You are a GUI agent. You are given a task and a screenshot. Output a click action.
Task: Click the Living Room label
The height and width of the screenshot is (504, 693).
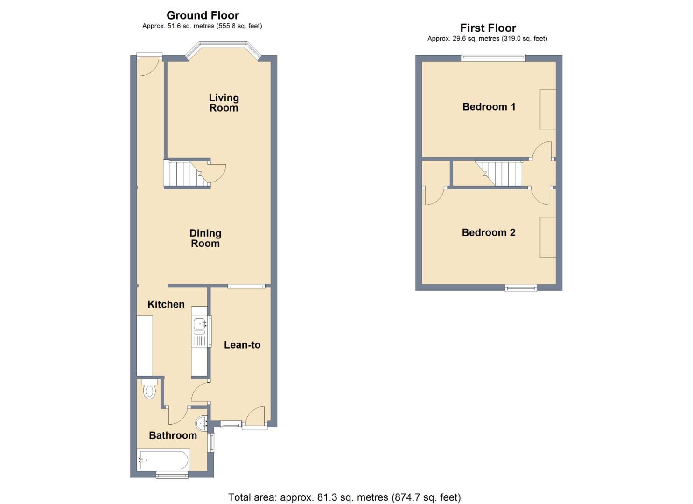224,103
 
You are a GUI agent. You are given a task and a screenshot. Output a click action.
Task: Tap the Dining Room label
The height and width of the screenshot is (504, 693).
205,238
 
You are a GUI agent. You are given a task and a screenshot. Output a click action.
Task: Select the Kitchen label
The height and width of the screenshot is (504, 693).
166,304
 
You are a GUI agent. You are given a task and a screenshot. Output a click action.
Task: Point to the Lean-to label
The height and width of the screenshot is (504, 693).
242,345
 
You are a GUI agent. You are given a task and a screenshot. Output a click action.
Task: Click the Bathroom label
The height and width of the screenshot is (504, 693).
173,435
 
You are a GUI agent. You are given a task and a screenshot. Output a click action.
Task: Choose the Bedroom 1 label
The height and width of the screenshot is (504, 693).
489,107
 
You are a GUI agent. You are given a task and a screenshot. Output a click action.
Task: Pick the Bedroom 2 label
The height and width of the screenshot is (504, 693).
488,232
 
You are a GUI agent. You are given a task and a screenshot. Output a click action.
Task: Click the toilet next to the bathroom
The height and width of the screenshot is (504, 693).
149,390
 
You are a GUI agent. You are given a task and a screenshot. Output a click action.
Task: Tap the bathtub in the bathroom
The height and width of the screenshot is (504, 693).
163,460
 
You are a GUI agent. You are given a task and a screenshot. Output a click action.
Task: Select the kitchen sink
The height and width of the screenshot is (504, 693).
199,323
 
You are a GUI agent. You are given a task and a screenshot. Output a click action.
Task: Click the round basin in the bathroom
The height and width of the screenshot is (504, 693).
202,423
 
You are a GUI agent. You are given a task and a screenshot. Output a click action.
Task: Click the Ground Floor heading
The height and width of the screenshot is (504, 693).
203,15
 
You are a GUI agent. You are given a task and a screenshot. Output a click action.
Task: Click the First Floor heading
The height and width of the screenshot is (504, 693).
488,28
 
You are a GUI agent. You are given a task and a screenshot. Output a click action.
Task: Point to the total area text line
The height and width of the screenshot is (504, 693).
344,497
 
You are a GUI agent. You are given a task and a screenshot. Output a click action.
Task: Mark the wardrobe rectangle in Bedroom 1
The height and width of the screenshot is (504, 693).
548,109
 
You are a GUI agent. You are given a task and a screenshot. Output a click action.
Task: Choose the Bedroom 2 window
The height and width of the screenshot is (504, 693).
521,288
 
